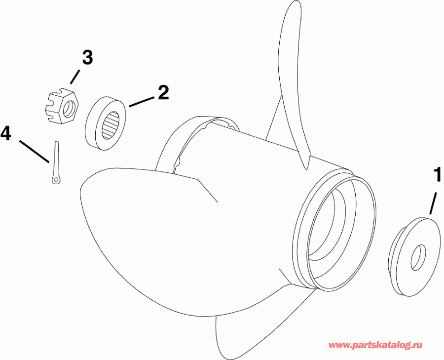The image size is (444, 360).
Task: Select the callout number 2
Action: [163, 93]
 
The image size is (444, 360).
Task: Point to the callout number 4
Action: [7, 133]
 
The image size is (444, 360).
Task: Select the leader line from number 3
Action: [75, 76]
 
